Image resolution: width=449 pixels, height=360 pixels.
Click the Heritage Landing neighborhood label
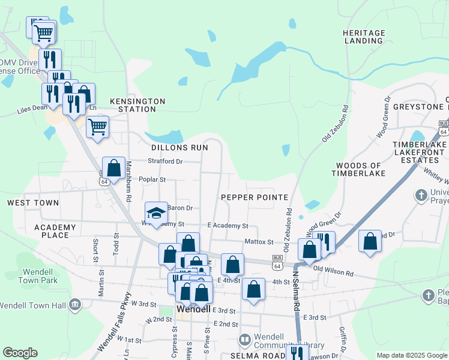pyautogui.click(x=363, y=37)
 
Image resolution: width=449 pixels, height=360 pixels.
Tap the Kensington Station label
pyautogui.click(x=137, y=106)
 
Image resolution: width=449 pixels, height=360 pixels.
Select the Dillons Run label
pyautogui.click(x=179, y=147)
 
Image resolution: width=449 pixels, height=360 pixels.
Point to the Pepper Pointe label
pyautogui.click(x=254, y=197)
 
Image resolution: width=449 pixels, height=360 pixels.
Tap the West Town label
pyautogui.click(x=33, y=203)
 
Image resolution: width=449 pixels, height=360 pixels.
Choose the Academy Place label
pyautogui.click(x=55, y=231)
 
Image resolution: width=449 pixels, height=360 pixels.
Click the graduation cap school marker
pyautogui.click(x=156, y=213)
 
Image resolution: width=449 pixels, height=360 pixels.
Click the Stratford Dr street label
pyautogui.click(x=165, y=161)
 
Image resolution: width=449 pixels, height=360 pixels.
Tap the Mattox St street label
pyautogui.click(x=259, y=242)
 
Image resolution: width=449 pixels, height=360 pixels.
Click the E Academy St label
pyautogui.click(x=228, y=226)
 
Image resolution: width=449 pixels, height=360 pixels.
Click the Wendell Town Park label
pyautogui.click(x=29, y=276)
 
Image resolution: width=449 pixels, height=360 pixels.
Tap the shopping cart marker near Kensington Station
pyautogui.click(x=97, y=127)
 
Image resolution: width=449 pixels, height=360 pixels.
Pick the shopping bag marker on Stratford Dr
pyautogui.click(x=113, y=169)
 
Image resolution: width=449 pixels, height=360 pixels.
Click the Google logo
pyautogui.click(x=20, y=353)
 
